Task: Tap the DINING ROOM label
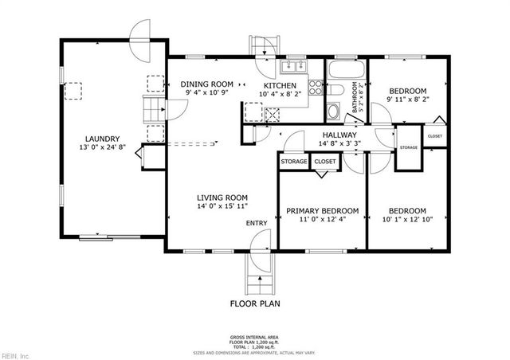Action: coord(206,84)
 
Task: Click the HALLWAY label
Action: coord(339,135)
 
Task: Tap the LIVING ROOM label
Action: coord(223,198)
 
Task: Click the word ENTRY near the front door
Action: coord(257,223)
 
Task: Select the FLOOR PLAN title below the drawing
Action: coord(255,303)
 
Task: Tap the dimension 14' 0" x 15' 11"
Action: coord(223,206)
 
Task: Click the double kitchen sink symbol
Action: coord(293,67)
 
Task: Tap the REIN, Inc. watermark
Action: coord(15,354)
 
